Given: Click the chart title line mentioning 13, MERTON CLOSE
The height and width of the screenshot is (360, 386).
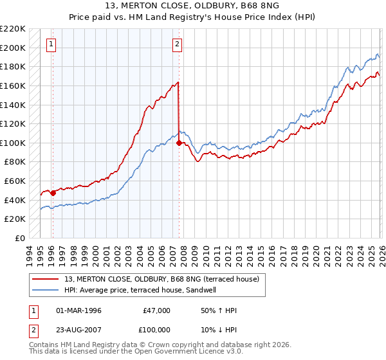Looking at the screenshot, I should (192, 6).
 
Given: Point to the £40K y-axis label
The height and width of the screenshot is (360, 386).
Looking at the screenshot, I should (15, 200).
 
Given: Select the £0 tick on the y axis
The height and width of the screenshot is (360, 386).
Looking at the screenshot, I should (20, 238).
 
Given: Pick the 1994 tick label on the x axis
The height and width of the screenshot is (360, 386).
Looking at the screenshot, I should (30, 254).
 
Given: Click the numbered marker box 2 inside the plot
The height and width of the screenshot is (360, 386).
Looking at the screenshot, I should (177, 44).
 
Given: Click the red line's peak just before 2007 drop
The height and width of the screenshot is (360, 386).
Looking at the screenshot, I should (178, 82).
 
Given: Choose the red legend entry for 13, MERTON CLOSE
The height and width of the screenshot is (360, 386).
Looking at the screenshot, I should (160, 279).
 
